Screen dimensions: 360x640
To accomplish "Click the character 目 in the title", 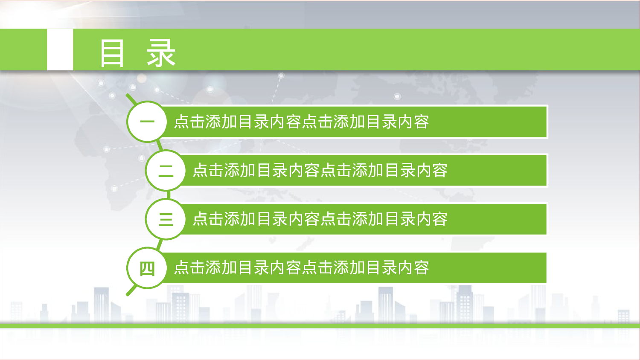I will pyautogui.click(x=112, y=53).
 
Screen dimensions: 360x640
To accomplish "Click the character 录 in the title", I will pyautogui.click(x=161, y=53).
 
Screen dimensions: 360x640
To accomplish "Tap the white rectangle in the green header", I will pyautogui.click(x=60, y=49).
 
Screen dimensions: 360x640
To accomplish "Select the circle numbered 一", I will pyautogui.click(x=147, y=122).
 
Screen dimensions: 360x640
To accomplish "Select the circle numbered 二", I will pyautogui.click(x=166, y=171).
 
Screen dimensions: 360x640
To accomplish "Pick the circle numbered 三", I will pyautogui.click(x=166, y=219).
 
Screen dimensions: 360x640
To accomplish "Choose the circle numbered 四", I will pyautogui.click(x=147, y=268).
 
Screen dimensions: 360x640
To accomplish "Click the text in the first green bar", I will pyautogui.click(x=301, y=122).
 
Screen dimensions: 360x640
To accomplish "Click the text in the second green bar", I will pyautogui.click(x=320, y=171).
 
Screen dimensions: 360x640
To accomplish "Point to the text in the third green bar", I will pyautogui.click(x=320, y=219).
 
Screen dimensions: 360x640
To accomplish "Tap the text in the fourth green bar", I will pyautogui.click(x=301, y=268).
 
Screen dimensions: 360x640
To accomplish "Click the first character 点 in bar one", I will pyautogui.click(x=182, y=122).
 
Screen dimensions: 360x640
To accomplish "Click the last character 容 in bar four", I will pyautogui.click(x=421, y=268).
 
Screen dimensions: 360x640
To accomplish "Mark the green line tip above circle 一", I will pyautogui.click(x=128, y=96).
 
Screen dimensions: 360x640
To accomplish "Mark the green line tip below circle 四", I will pyautogui.click(x=128, y=293).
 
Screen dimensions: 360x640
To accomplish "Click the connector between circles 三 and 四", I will pyautogui.click(x=160, y=244).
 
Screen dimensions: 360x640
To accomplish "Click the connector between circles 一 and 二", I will pyautogui.click(x=159, y=145).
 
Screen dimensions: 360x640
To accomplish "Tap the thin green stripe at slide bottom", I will pyautogui.click(x=320, y=326).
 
